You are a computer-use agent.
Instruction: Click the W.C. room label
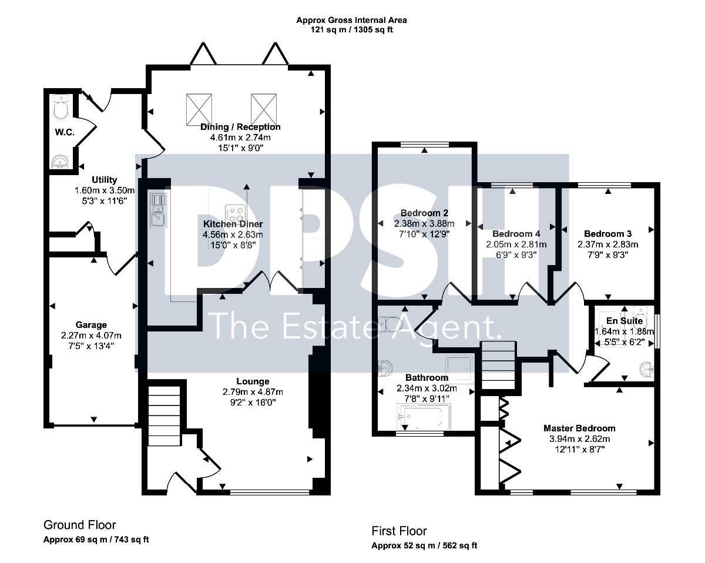tap(65, 132)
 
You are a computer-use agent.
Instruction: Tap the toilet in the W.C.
tap(60, 106)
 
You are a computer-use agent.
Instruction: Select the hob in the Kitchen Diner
tap(235, 214)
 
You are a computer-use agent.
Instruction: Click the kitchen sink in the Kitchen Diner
tap(158, 210)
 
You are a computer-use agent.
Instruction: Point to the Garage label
tap(91, 325)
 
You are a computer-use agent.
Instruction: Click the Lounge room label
tap(253, 381)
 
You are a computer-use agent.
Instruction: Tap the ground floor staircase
tap(164, 415)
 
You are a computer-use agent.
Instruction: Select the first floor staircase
tap(498, 365)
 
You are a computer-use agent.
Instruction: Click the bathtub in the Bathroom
tap(423, 416)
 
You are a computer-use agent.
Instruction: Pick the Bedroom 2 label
tap(424, 213)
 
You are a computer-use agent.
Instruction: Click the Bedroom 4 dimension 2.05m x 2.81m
tap(516, 244)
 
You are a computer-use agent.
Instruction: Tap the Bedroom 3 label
tap(607, 234)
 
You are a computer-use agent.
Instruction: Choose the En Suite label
tap(625, 320)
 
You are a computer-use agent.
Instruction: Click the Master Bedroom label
tap(579, 428)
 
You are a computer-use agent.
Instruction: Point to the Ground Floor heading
tap(80, 525)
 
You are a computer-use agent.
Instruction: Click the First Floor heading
tap(399, 531)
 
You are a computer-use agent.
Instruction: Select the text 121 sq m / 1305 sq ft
tap(351, 30)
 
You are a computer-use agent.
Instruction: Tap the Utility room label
tap(104, 180)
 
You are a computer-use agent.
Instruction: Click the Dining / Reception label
tap(240, 127)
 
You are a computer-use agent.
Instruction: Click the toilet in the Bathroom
tap(390, 324)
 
